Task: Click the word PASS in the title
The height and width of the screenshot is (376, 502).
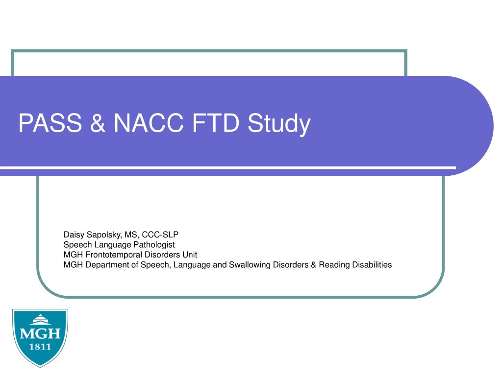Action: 50,123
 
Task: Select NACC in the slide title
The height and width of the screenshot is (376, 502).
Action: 149,123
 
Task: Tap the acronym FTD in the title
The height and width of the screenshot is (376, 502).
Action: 216,123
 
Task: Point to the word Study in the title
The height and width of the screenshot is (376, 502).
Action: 279,124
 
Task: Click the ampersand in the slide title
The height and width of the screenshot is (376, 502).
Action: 98,123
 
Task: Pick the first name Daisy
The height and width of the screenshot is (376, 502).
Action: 74,235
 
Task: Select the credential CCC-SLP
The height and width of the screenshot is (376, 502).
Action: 160,235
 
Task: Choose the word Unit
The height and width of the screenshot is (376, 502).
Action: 190,255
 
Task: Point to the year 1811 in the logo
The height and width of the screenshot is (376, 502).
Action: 40,347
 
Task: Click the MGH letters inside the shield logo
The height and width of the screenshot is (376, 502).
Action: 40,334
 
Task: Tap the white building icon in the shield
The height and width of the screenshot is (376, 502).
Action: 40,320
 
